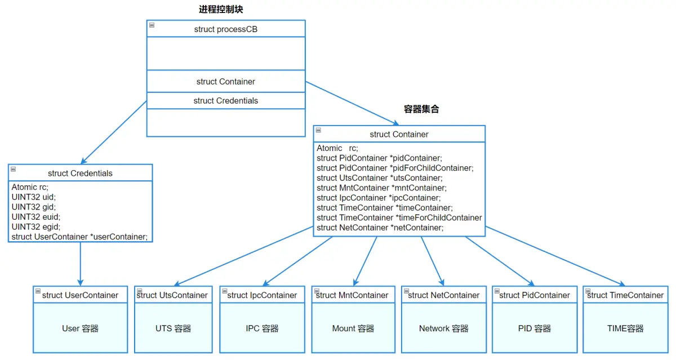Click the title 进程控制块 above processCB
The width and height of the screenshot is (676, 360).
pos(221,10)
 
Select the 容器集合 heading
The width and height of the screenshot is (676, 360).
pos(421,109)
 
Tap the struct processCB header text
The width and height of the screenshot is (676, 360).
pos(226,29)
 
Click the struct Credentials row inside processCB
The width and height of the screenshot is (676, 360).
pos(226,100)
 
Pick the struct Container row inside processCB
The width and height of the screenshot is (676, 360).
pos(226,82)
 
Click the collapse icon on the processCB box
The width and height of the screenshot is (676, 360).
pos(152,25)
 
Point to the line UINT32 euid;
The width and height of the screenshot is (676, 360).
pos(36,217)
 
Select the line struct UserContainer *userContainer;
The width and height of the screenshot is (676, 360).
pos(79,237)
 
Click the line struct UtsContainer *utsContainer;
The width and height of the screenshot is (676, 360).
pos(379,177)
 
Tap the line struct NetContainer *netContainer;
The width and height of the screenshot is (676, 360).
pos(380,228)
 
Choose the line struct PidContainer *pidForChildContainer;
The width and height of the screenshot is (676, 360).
pos(395,168)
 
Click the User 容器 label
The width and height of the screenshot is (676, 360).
pos(80,328)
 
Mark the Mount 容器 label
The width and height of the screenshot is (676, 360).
pos(353,328)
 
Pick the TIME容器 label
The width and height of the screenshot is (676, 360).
pos(625,328)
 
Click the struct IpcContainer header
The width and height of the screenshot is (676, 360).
pos(262,295)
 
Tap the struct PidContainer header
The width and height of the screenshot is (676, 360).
pos(535,295)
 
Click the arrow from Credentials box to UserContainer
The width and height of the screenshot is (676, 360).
pos(80,264)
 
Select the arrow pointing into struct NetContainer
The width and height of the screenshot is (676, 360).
pos(433,261)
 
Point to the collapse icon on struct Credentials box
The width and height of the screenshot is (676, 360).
pos(14,169)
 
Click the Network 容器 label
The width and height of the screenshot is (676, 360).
pos(444,328)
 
